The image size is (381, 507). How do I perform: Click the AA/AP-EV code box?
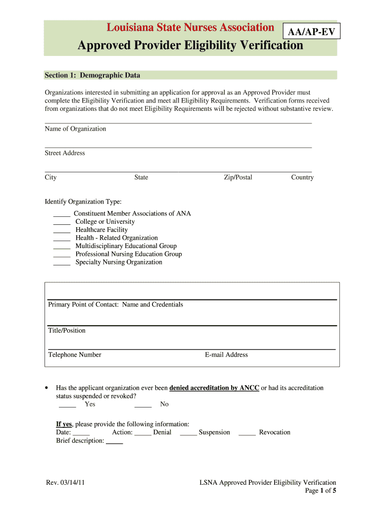[x=311, y=33]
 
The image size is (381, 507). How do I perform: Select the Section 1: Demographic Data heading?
[x=93, y=75]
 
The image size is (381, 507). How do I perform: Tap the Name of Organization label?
[x=75, y=129]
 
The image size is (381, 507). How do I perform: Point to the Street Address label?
[x=65, y=153]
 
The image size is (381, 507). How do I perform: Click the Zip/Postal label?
[x=238, y=177]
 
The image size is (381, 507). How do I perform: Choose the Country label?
[x=302, y=177]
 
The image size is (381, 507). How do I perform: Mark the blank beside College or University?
[x=62, y=222]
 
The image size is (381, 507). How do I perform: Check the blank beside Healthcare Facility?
[x=62, y=230]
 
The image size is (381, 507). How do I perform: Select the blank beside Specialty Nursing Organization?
[x=62, y=263]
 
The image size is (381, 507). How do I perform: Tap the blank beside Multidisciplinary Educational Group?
[x=62, y=247]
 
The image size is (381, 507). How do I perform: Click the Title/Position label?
[x=67, y=330]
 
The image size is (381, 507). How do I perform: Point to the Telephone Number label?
[x=75, y=355]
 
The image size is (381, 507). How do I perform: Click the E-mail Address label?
[x=226, y=355]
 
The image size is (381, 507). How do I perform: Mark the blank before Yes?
[x=67, y=405]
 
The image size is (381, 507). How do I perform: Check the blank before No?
[x=143, y=405]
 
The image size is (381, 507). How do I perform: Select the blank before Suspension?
[x=189, y=433]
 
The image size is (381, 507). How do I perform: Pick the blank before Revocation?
[x=247, y=433]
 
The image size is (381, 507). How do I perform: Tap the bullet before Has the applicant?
[x=46, y=388]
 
